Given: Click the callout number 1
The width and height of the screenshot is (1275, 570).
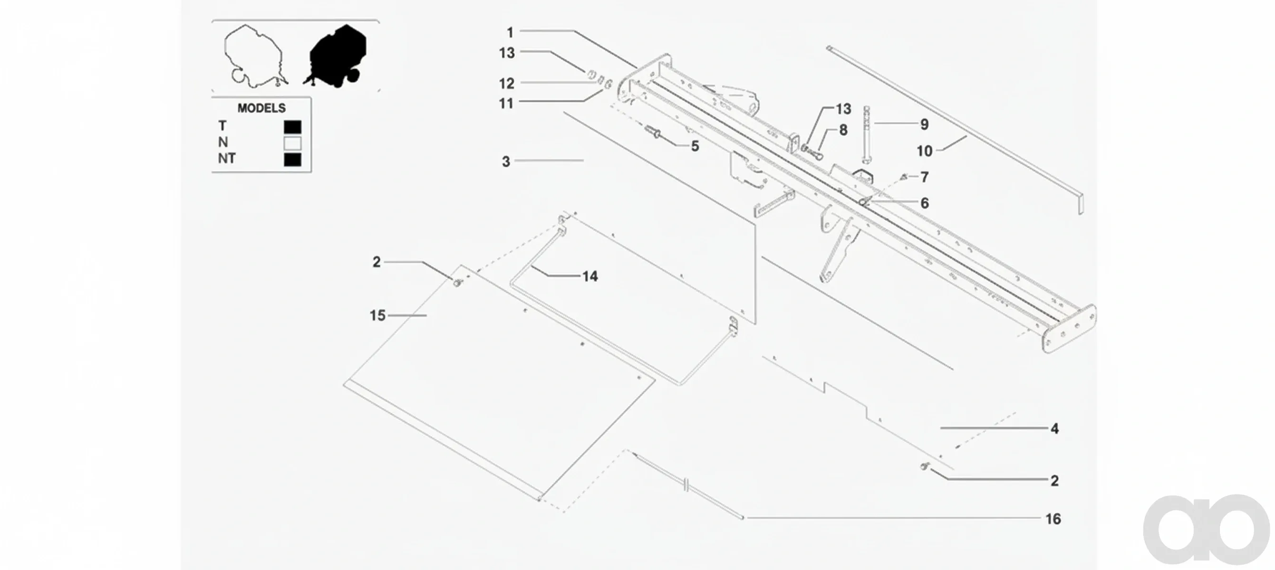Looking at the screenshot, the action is pos(510,33).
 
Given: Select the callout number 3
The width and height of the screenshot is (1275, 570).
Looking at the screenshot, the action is pos(506,161).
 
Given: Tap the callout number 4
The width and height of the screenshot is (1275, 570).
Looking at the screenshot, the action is pos(1055,428).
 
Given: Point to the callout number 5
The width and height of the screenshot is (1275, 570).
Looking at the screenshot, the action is pos(695,146).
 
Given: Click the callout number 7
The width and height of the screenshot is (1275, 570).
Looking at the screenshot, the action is pos(925,177).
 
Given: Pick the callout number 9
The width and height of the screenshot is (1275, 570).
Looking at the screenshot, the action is pos(925,124).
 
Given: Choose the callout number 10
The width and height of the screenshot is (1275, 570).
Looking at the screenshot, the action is pos(925,151).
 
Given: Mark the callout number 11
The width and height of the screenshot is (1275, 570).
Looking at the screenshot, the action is pos(506,104).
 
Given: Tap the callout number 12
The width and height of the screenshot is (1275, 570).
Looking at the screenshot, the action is pos(507,84).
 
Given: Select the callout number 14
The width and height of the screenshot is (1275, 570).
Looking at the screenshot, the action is pos(590,276).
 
